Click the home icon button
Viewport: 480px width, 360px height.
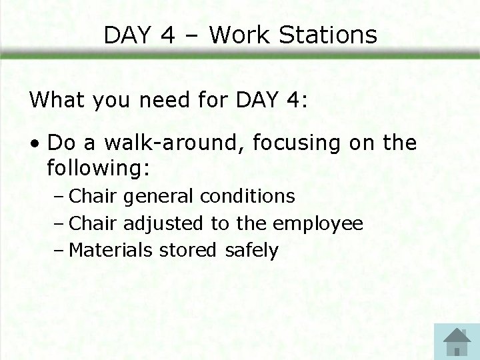point(457,341)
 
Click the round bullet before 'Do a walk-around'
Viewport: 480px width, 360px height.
point(37,144)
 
